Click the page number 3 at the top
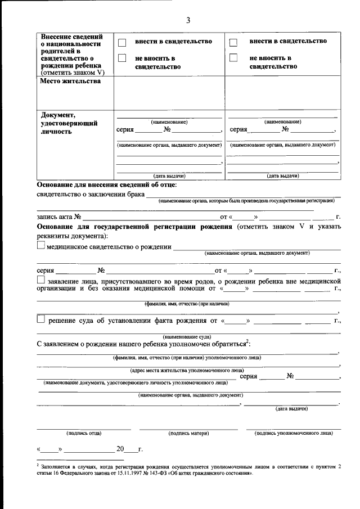coord(188,21)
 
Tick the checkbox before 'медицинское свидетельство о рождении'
coord(40,245)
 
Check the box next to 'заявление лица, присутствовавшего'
coord(40,280)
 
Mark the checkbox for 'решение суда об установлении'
coord(40,319)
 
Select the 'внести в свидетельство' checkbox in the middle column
coord(122,43)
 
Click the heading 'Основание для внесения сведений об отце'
coord(107,184)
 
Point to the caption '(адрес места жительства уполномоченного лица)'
coord(187,371)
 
